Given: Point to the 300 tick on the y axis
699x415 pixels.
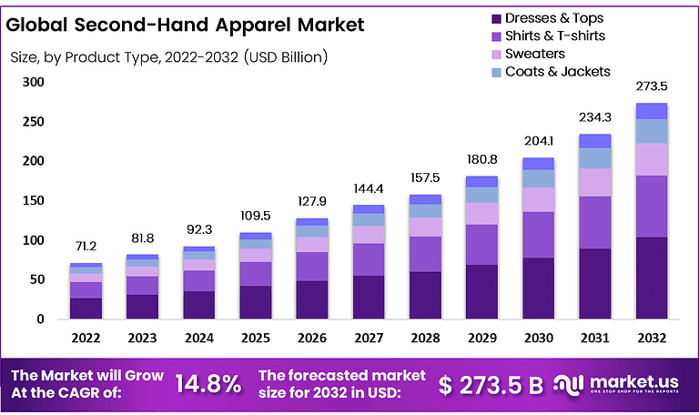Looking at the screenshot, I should pyautogui.click(x=34, y=82).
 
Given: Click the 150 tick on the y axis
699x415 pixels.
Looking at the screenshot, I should pyautogui.click(x=34, y=200).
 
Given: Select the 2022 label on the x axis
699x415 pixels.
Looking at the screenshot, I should pyautogui.click(x=86, y=338).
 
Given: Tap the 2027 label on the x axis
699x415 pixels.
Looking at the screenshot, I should pyautogui.click(x=369, y=338).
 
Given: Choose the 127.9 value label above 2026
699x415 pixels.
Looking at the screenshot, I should pyautogui.click(x=312, y=201).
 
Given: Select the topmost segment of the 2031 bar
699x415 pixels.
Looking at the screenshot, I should pyautogui.click(x=595, y=140).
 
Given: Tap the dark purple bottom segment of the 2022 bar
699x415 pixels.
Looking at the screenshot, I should pyautogui.click(x=86, y=309).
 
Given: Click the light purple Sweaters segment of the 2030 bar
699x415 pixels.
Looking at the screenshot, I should pyautogui.click(x=539, y=199).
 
